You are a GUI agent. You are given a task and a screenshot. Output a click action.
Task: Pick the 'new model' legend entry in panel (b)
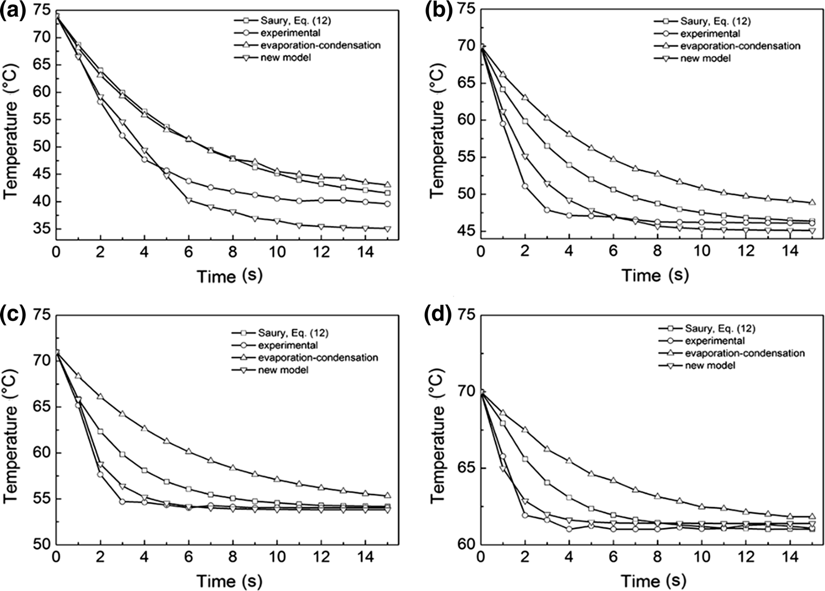pos(705,58)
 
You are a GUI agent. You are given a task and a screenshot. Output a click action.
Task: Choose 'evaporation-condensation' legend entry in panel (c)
pos(318,358)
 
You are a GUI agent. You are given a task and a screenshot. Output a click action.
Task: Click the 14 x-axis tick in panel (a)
pos(365,253)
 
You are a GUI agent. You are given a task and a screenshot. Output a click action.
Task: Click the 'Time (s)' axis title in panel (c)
pos(230,581)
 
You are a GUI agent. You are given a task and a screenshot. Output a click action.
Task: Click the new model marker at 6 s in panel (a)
pos(188,200)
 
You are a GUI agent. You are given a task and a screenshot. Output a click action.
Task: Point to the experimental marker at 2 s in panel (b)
pos(525,186)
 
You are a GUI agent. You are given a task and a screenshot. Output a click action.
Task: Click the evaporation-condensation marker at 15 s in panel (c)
pos(387,495)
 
